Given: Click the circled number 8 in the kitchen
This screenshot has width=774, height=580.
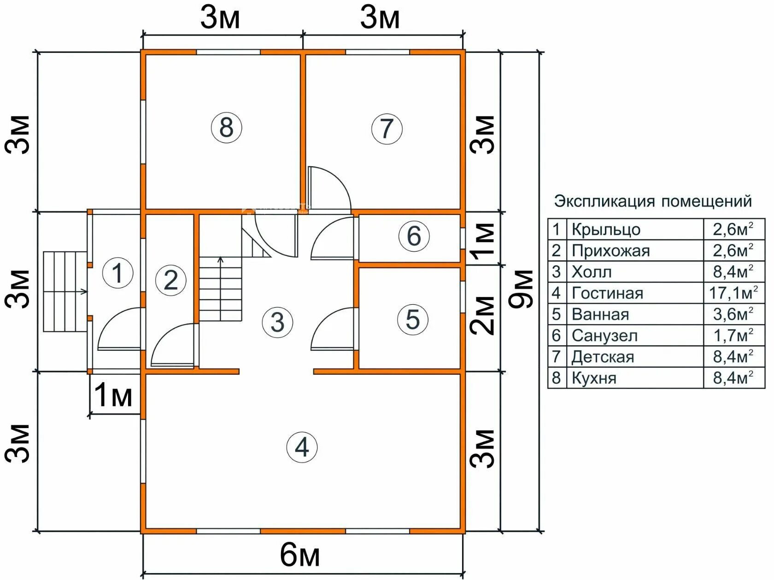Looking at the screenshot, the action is pos(226,127).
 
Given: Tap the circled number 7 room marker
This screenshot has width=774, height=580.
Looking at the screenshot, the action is pos(387,129).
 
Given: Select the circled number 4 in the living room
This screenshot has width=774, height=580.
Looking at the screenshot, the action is pos(302,447).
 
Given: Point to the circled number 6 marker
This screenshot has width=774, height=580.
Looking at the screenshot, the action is pos(414,236).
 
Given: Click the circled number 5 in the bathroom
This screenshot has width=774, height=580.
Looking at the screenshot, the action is pos(412,319).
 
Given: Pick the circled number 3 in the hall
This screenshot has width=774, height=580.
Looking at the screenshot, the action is pos(278,322).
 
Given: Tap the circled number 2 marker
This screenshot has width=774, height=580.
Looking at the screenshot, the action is pos(171,280).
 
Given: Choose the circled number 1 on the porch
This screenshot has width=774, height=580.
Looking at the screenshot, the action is pos(118,273).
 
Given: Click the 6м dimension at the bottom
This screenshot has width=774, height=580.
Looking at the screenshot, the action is pos(300,555).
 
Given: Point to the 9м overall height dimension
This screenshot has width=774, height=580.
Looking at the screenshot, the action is pos(521,290).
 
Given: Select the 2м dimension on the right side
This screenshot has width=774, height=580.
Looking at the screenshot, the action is pos(482,315).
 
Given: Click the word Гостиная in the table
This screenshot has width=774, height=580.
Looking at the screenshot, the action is pos(607,293).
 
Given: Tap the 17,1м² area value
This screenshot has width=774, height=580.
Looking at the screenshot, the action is pos(733,293).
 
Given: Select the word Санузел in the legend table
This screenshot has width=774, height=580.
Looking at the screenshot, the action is pos(604,336).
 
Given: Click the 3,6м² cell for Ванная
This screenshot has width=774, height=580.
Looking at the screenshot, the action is pos(733,314).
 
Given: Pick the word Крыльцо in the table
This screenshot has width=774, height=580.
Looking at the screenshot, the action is pos(606,230).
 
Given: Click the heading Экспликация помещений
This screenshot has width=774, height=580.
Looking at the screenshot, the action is pos(653,202).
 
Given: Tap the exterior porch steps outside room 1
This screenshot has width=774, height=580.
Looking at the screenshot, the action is pos(65,291).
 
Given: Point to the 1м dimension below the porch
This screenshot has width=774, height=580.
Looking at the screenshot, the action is pos(113,395).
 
